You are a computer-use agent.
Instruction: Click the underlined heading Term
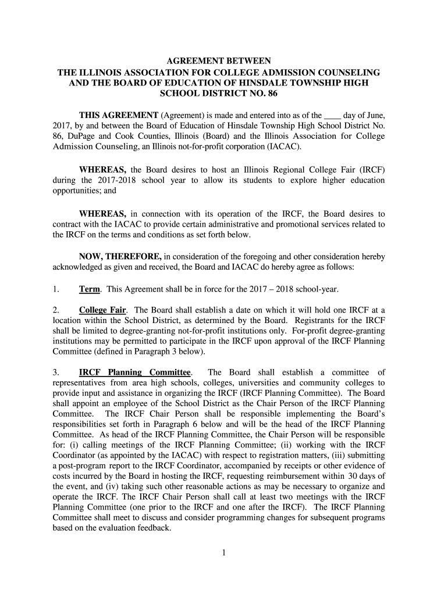coord(88,289)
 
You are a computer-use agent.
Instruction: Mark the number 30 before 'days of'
coord(372,475)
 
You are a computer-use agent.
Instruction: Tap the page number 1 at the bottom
coord(223,553)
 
